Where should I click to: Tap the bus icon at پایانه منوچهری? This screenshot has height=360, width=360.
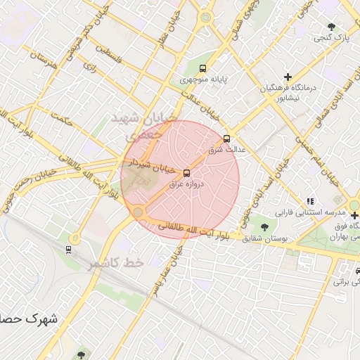pyautogui.click(x=203, y=69)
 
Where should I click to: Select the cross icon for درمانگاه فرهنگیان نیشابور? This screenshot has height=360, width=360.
pyautogui.click(x=288, y=76)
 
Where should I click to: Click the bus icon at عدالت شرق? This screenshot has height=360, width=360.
pyautogui.click(x=226, y=139)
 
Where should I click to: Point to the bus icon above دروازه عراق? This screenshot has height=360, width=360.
pyautogui.click(x=186, y=173)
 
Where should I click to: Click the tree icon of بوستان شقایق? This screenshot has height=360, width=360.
pyautogui.click(x=264, y=227)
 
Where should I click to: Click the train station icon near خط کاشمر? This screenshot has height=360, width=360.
pyautogui.click(x=68, y=249)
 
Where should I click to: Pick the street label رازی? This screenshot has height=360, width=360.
pyautogui.click(x=89, y=67)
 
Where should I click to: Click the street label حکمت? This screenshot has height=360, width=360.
pyautogui.click(x=63, y=120)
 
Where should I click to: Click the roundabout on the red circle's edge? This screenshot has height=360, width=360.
pyautogui.click(x=139, y=212)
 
